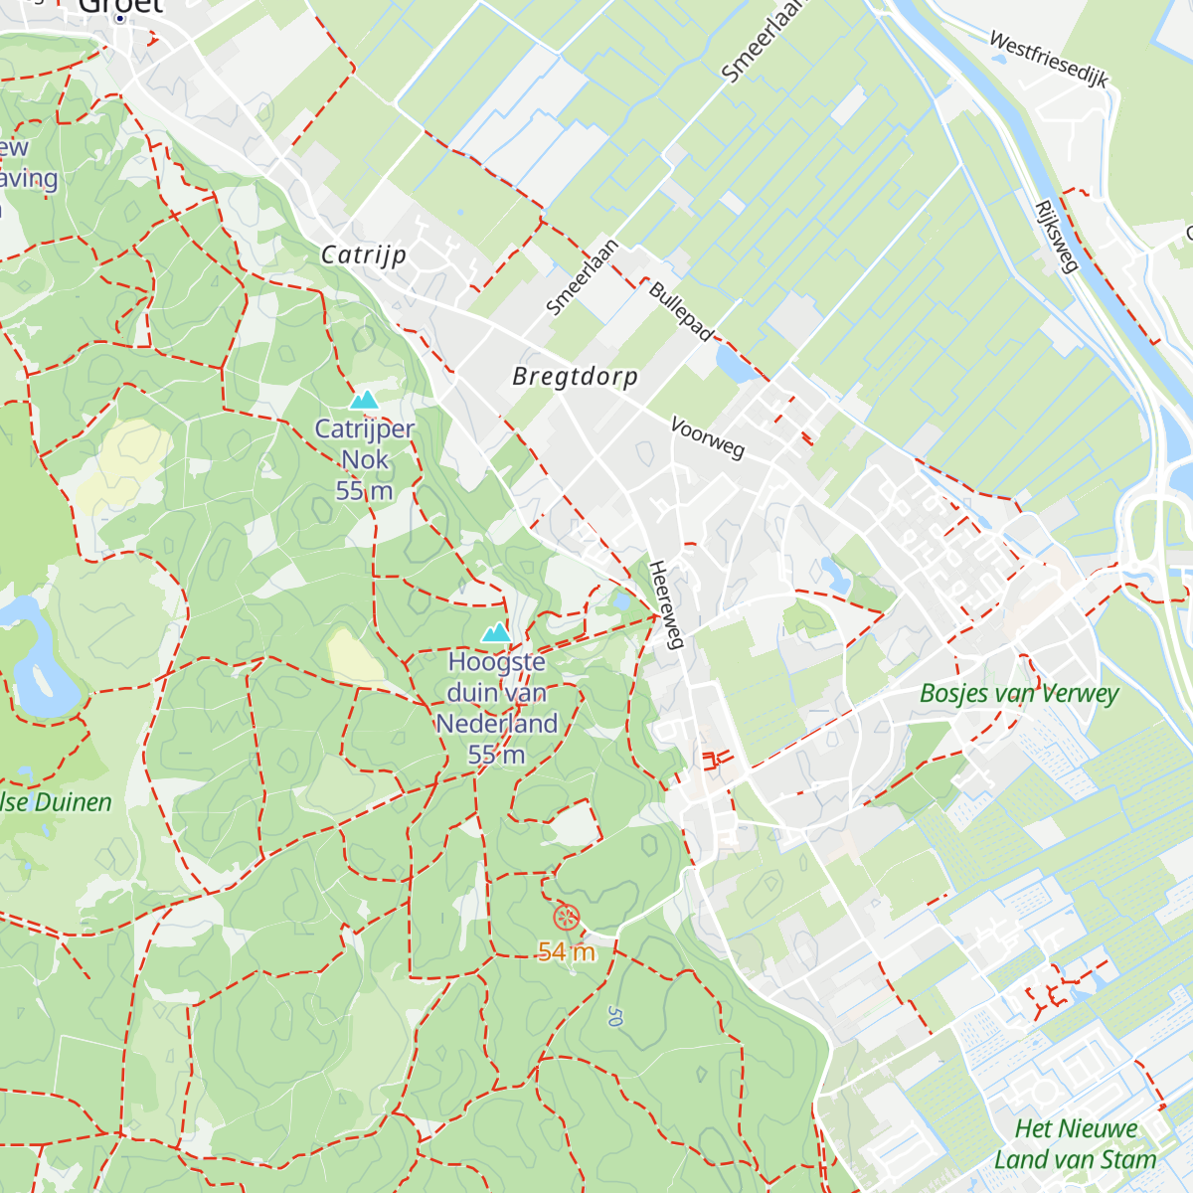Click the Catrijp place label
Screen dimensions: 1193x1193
(364, 255)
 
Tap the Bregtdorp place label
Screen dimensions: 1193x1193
(575, 377)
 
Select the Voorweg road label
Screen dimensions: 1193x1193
(707, 437)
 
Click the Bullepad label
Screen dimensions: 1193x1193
(681, 311)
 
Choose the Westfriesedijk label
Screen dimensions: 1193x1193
(1048, 59)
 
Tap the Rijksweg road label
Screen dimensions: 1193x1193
(1056, 237)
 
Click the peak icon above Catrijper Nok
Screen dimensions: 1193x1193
(364, 400)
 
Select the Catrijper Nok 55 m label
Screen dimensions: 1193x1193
(364, 459)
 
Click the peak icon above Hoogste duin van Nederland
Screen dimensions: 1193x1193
(496, 632)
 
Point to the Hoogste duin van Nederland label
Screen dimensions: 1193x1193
(496, 707)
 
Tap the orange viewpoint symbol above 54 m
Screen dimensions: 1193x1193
(565, 917)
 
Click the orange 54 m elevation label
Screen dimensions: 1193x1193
(567, 952)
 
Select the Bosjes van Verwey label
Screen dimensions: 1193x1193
(1019, 693)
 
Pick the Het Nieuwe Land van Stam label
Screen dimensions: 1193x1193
(1076, 1144)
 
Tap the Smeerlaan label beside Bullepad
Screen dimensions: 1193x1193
(583, 277)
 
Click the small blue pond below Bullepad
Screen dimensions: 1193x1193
(735, 366)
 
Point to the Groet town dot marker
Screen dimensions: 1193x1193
(120, 18)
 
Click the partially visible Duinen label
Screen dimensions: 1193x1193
(55, 802)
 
